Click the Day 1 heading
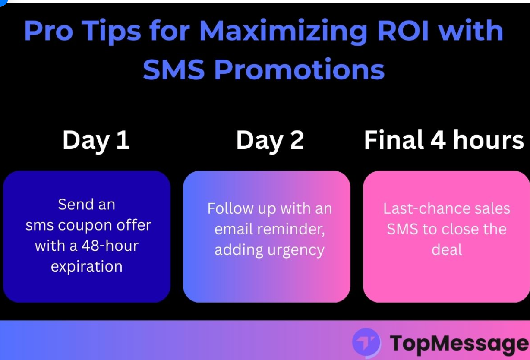point(96,141)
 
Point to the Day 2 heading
point(270,141)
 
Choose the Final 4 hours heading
point(444,141)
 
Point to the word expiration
point(86,266)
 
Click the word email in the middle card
point(234,229)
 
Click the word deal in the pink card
point(447,249)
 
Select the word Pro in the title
point(48,31)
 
